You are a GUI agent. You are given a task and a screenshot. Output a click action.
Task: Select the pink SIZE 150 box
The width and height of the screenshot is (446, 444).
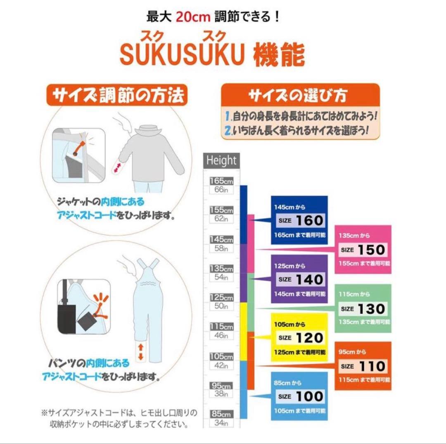pos(363,249)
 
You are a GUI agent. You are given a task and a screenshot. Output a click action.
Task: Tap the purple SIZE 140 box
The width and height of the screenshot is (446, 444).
pos(299,279)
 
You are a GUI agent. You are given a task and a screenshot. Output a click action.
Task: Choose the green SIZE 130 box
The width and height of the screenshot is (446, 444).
pos(363,308)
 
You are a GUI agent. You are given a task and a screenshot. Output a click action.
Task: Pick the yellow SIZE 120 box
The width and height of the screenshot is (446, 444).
pos(299,337)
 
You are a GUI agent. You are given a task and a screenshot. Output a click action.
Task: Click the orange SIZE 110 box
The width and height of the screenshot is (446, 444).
pos(363,366)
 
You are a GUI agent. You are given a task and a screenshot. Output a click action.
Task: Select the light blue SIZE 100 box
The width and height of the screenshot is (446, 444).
pos(299,396)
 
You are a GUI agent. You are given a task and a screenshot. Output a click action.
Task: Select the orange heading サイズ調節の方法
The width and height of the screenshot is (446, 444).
pos(117,96)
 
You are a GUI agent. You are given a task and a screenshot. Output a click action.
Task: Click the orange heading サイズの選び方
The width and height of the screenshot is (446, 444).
pos(300,96)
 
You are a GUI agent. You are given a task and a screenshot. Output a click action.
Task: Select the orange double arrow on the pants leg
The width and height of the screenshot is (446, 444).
pos(141,351)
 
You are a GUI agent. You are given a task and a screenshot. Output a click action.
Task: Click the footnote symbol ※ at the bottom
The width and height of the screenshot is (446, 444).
pos(44,413)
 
